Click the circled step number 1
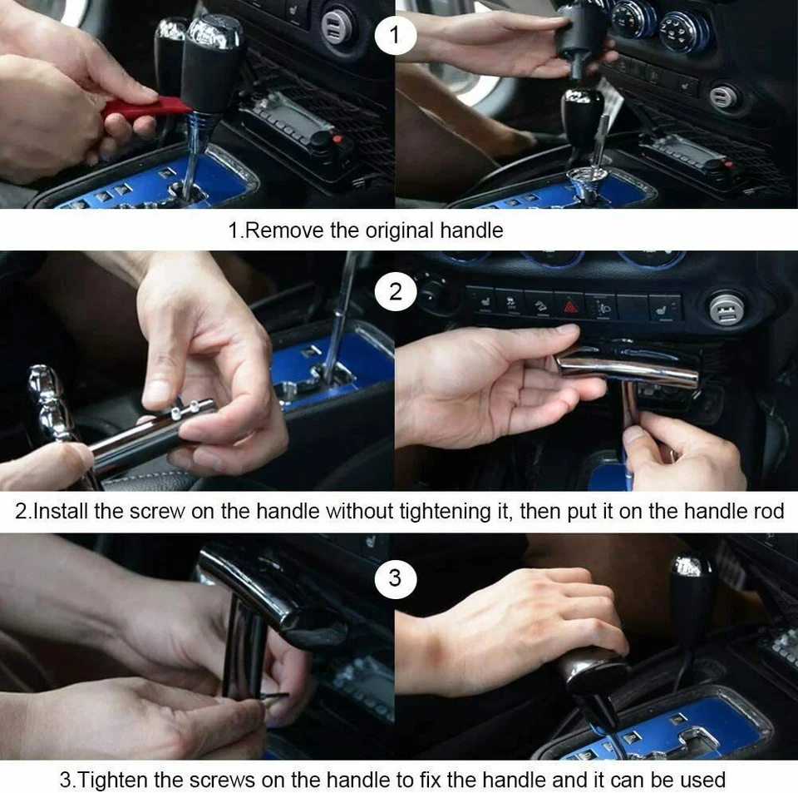(395, 35)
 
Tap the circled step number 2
(396, 291)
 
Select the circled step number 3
(396, 578)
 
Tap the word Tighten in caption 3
(112, 780)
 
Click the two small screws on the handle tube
(185, 409)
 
